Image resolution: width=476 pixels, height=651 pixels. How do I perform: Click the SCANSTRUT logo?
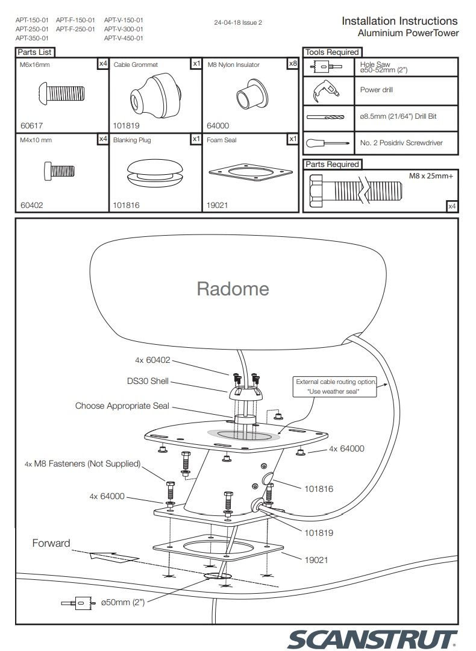click(372, 638)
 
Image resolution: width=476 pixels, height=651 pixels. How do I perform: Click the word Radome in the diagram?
click(233, 289)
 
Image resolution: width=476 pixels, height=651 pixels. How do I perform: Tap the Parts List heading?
click(34, 52)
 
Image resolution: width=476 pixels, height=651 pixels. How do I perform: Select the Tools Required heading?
click(331, 52)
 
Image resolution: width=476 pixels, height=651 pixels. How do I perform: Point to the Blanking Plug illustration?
click(156, 172)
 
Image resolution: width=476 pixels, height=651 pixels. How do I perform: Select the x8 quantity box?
click(293, 63)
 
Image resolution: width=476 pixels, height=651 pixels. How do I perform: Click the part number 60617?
click(32, 126)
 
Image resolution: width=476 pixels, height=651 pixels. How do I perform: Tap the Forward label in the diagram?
click(51, 543)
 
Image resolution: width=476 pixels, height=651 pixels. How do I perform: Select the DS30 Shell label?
click(148, 382)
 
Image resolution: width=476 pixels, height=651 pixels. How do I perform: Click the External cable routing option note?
click(336, 386)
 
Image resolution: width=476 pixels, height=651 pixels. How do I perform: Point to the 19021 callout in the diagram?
click(316, 560)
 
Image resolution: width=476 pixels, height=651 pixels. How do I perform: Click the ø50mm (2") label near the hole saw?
click(123, 602)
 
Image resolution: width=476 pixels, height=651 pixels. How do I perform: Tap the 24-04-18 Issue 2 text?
click(238, 23)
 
